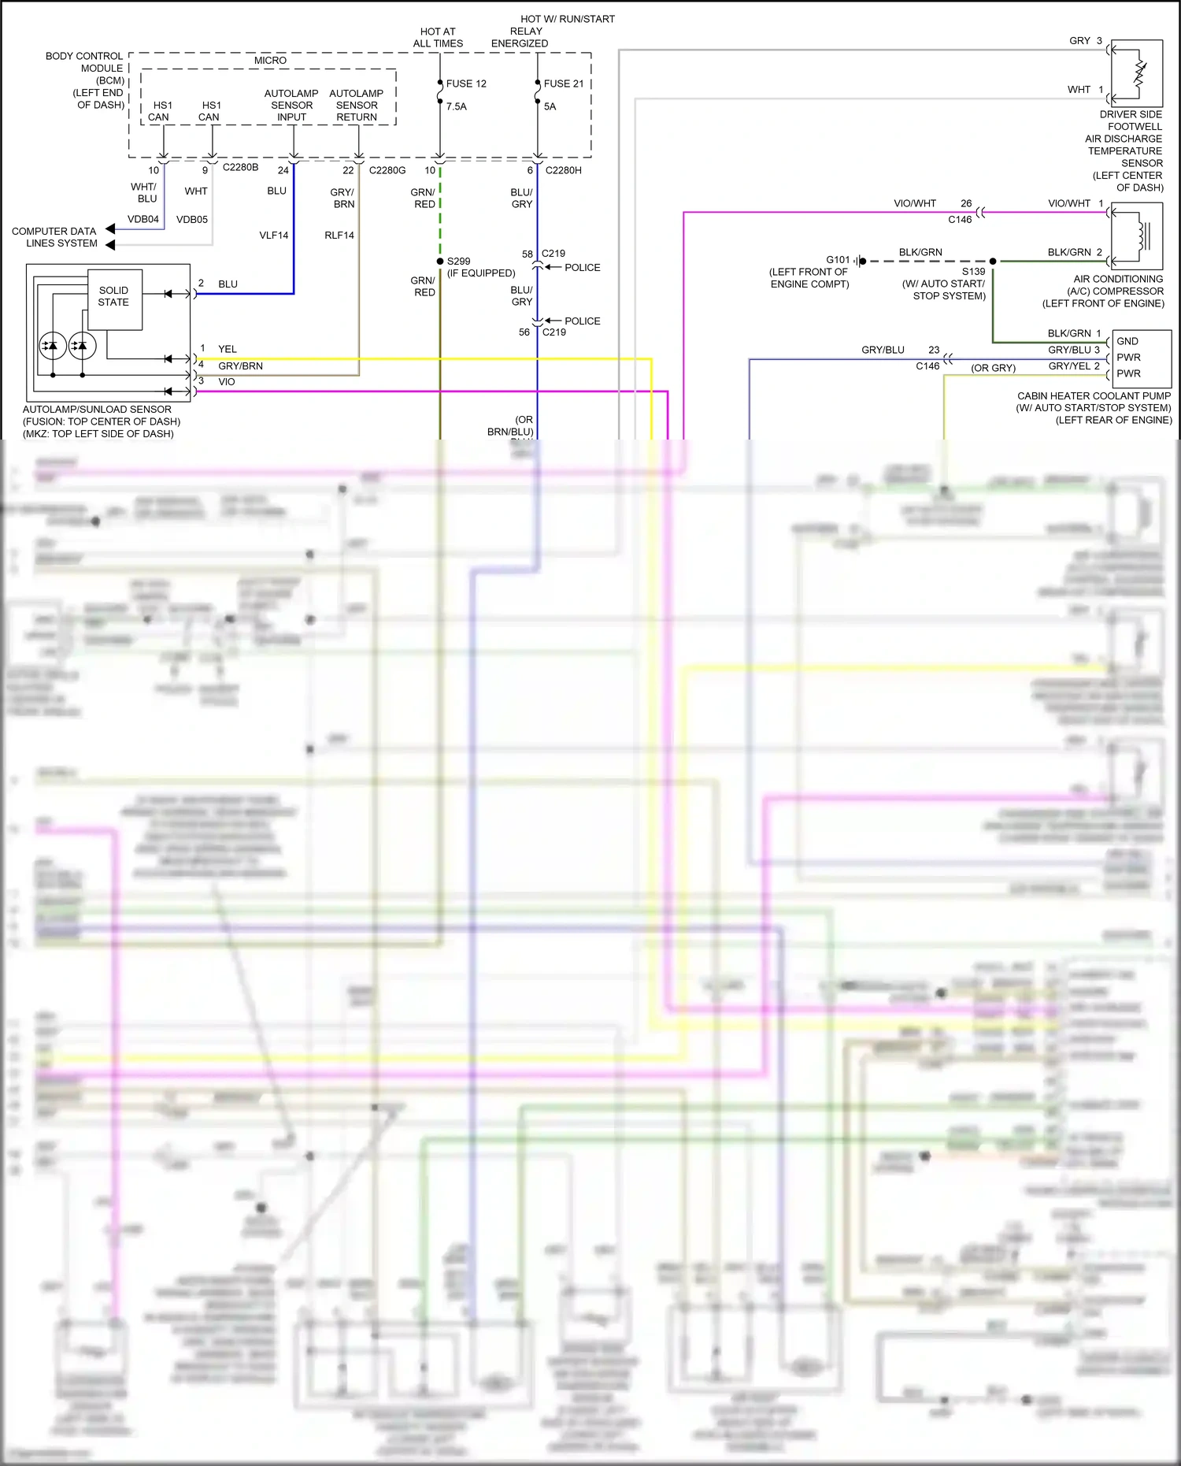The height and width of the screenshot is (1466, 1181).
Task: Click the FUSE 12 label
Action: click(x=466, y=84)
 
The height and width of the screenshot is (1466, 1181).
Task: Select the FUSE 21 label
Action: click(x=564, y=84)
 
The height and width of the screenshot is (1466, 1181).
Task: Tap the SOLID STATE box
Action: click(x=114, y=297)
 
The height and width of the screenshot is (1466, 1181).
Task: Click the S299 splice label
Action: click(x=459, y=261)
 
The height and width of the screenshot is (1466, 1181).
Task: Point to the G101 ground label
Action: click(x=838, y=259)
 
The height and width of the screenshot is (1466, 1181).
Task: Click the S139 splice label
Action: click(x=973, y=271)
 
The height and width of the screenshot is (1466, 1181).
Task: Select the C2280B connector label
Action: click(x=240, y=167)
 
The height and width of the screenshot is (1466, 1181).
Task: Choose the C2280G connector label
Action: click(x=387, y=170)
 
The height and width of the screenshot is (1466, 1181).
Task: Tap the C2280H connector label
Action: click(x=564, y=170)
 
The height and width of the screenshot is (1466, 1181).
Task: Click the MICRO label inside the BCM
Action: click(x=270, y=61)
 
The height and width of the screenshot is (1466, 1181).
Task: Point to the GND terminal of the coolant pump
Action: click(x=1127, y=341)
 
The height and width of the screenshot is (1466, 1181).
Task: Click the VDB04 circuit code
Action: click(x=143, y=219)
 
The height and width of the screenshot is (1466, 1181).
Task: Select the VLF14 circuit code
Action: click(x=274, y=235)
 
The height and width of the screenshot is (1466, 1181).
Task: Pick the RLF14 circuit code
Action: click(x=339, y=235)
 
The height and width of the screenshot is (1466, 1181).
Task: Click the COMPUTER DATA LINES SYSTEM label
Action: click(x=54, y=237)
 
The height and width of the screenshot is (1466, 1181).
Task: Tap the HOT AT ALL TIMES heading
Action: click(x=438, y=38)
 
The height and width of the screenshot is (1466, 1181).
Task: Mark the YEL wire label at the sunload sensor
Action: click(x=228, y=349)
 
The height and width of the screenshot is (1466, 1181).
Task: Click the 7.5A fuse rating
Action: click(x=457, y=106)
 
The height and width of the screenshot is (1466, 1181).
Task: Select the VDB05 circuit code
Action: click(x=192, y=219)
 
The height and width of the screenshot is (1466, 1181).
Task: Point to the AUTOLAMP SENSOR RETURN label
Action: click(x=357, y=105)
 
